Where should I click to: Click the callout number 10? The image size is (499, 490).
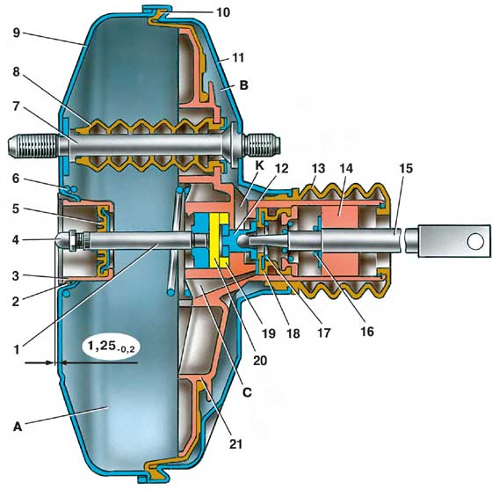click(x=223, y=12)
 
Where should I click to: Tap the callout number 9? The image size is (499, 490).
click(x=17, y=33)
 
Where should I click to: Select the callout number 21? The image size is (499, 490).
click(x=235, y=443)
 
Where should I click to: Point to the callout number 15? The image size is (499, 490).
click(x=406, y=168)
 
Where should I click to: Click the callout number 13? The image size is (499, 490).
click(x=318, y=168)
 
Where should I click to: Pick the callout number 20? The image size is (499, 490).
click(x=260, y=361)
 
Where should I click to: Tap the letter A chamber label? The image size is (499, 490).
click(x=18, y=427)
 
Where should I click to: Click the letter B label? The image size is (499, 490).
click(x=243, y=85)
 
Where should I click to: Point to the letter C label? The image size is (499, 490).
click(x=247, y=392)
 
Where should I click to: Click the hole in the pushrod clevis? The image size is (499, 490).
click(x=475, y=241)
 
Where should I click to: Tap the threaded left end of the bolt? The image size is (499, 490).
click(x=33, y=147)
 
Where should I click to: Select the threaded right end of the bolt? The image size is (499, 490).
click(x=262, y=146)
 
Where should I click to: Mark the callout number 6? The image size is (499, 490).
click(x=16, y=179)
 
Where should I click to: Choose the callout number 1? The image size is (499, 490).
click(x=17, y=350)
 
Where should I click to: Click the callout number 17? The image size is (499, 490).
click(x=323, y=333)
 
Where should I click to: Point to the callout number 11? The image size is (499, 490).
click(x=238, y=58)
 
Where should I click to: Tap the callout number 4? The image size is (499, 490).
click(x=16, y=240)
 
